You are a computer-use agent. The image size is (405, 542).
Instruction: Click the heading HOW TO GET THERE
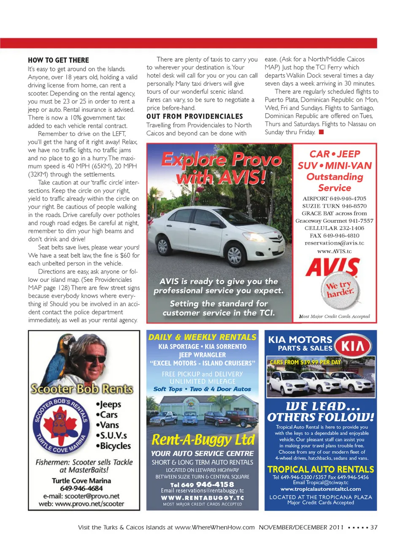pyautogui.click(x=58, y=60)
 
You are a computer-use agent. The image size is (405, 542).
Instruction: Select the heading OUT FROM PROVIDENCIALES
pyautogui.click(x=194, y=116)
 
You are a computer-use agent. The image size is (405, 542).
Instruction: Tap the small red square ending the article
pyautogui.click(x=321, y=132)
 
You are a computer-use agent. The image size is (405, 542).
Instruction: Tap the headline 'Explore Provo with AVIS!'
pyautogui.click(x=221, y=168)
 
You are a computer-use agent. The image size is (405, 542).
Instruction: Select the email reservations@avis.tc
pyautogui.click(x=334, y=243)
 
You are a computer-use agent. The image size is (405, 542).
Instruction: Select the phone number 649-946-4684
pyautogui.click(x=81, y=488)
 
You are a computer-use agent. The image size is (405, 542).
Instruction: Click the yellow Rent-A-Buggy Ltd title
pyautogui.click(x=203, y=440)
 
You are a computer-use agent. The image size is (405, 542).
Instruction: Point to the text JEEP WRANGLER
pyautogui.click(x=202, y=355)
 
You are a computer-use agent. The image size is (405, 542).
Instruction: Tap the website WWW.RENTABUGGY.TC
pyautogui.click(x=202, y=498)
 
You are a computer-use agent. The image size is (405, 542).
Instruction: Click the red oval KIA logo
pyautogui.click(x=353, y=346)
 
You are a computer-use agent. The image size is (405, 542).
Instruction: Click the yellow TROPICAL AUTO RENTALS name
pyautogui.click(x=321, y=469)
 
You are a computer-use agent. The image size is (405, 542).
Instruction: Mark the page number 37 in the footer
pyautogui.click(x=374, y=527)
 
